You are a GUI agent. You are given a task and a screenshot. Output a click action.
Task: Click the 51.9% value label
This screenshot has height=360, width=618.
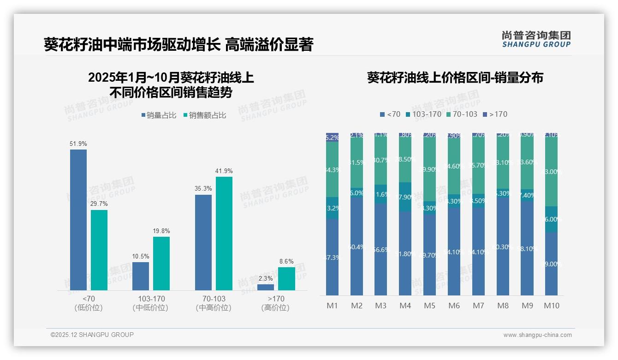78,144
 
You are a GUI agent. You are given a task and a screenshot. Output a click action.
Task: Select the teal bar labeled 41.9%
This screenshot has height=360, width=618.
224,233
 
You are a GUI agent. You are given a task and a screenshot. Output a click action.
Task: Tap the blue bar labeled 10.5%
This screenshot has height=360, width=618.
141,276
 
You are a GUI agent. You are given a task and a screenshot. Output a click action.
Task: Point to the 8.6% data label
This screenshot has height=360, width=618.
286,262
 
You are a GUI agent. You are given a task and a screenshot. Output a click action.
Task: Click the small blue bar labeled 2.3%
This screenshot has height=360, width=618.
266,287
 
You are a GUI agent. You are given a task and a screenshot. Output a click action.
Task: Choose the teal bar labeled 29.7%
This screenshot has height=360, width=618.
99,250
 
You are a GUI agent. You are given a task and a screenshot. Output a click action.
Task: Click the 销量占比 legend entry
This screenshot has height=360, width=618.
159,115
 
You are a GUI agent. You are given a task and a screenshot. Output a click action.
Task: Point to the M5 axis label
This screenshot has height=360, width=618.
429,306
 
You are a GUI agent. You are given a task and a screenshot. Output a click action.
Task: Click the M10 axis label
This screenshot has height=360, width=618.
551,306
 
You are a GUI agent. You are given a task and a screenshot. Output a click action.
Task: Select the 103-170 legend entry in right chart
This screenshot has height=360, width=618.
423,114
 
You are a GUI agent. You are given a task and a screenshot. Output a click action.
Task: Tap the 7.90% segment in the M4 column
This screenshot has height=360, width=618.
405,197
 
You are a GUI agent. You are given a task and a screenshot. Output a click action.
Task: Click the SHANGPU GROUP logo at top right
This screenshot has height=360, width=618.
536,39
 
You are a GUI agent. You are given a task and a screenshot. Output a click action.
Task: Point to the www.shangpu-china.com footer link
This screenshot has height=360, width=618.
537,335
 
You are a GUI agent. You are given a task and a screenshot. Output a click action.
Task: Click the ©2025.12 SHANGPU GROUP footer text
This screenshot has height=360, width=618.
92,335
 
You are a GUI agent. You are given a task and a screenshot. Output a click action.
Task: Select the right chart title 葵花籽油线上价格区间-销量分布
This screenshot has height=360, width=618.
455,78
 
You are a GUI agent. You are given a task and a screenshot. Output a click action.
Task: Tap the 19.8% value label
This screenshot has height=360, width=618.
161,231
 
